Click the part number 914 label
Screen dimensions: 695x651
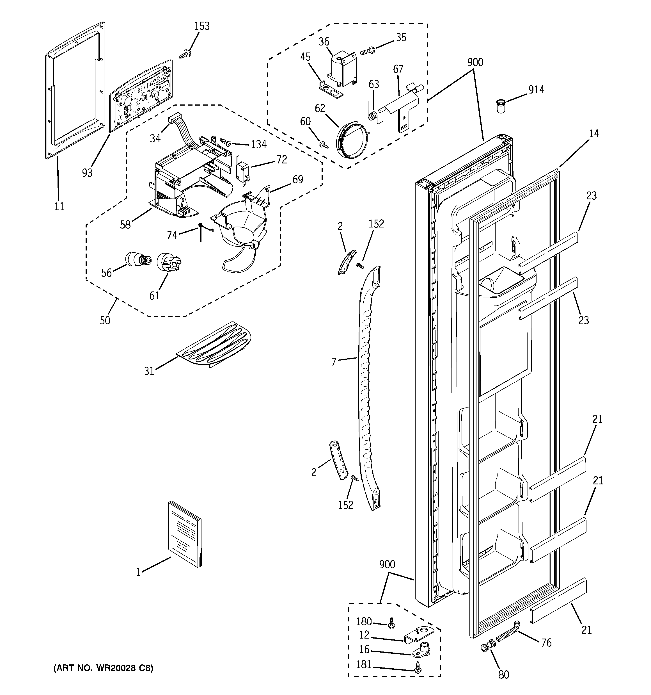(536, 90)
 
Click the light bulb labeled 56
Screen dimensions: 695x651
(138, 259)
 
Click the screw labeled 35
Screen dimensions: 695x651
(367, 51)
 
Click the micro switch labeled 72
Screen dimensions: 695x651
(242, 171)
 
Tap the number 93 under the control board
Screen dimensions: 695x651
(87, 172)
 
